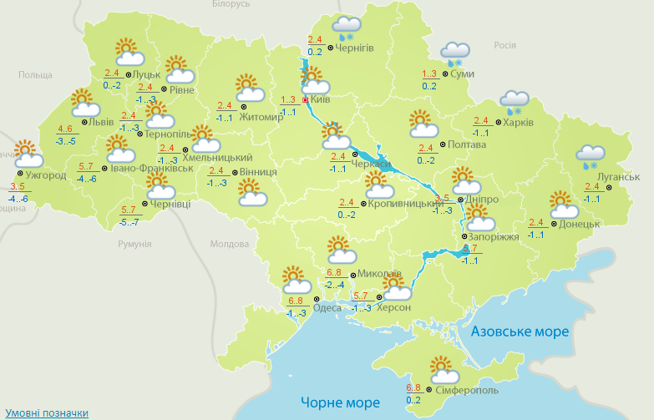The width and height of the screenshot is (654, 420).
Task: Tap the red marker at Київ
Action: pos(306,99)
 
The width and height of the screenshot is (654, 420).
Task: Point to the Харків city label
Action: pos(517,122)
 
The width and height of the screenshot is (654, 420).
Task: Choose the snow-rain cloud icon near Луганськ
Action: pos(591,156)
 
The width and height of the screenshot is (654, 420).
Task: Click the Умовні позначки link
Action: pos(47,413)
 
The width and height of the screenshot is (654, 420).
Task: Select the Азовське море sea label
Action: pos(520,331)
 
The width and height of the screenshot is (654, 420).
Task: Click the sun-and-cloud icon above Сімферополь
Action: pos(442,368)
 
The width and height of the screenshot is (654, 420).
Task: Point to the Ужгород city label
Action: pos(46,175)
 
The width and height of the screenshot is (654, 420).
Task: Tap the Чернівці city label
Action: pos(171,204)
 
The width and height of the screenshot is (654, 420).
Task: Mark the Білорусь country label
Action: pos(231,5)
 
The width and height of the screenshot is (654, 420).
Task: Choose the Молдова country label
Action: pos(229,244)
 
